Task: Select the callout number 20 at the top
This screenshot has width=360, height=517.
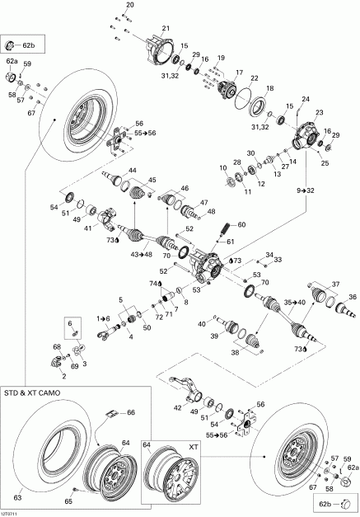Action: point(129,6)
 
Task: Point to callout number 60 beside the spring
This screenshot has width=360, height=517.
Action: point(241,224)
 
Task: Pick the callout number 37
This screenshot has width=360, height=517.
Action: point(334,284)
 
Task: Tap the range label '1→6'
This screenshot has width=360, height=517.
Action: point(102,318)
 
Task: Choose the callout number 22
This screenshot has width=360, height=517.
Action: point(255,78)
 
